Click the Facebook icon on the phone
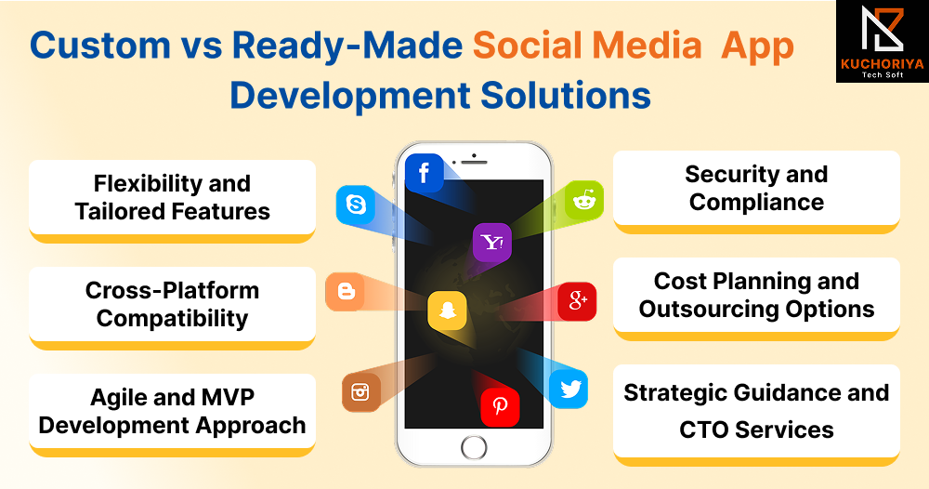click(425, 173)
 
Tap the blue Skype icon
click(356, 205)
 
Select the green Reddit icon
click(584, 200)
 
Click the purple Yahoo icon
click(492, 243)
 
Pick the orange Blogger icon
click(346, 292)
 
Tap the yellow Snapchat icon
click(448, 310)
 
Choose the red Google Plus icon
click(577, 301)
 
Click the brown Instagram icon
click(360, 392)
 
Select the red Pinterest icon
click(500, 407)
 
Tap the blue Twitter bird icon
click(569, 389)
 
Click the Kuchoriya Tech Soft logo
click(883, 42)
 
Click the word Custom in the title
click(100, 46)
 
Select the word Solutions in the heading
click(566, 96)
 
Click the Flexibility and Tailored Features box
click(172, 201)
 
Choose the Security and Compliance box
click(756, 192)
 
